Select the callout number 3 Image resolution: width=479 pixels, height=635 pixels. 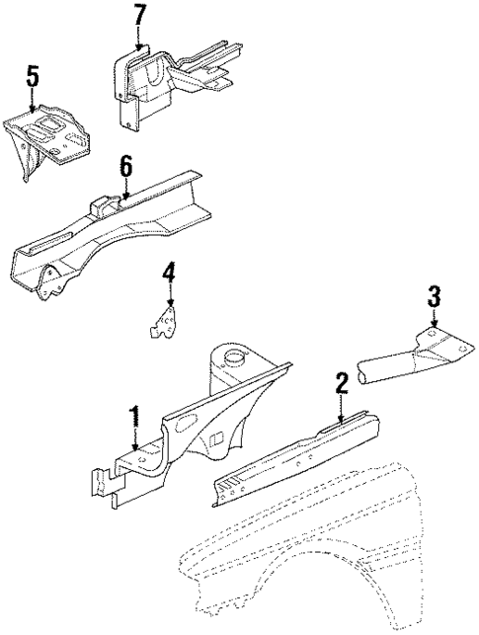pyautogui.click(x=433, y=294)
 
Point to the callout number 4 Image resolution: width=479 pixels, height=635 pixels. pyautogui.click(x=170, y=271)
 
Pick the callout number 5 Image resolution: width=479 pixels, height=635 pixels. pyautogui.click(x=33, y=77)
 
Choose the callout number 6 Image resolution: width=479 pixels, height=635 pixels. pyautogui.click(x=125, y=167)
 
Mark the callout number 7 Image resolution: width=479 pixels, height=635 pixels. pyautogui.click(x=139, y=15)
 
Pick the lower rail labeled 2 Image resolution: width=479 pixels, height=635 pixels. pyautogui.click(x=296, y=459)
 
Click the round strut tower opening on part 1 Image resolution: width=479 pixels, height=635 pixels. pyautogui.click(x=237, y=357)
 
